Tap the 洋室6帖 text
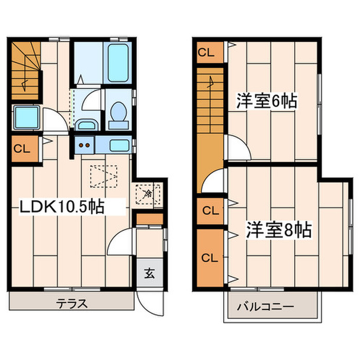click(x=266, y=101)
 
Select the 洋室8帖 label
click(x=279, y=229)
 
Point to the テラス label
click(x=71, y=302)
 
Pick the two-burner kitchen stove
click(x=84, y=145)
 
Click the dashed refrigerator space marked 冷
click(x=148, y=194)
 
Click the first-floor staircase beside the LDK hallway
click(x=25, y=70)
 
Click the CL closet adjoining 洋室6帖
click(x=210, y=52)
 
